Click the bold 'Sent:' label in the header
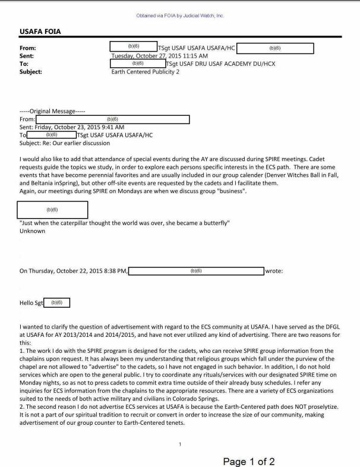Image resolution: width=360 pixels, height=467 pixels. (x=27, y=55)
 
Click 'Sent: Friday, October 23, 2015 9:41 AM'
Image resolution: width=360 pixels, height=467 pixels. (x=72, y=127)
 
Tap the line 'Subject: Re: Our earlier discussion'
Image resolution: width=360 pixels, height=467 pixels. (x=65, y=143)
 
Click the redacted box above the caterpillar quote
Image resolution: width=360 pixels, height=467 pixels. (x=53, y=210)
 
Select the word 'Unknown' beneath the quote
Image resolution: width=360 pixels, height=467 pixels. (x=32, y=231)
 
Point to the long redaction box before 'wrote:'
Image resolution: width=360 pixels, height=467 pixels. (x=196, y=271)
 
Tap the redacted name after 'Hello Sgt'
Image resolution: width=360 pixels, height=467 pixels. (x=57, y=302)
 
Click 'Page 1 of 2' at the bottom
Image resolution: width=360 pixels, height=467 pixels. (x=248, y=461)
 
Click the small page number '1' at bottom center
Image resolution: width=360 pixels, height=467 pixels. (x=180, y=444)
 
